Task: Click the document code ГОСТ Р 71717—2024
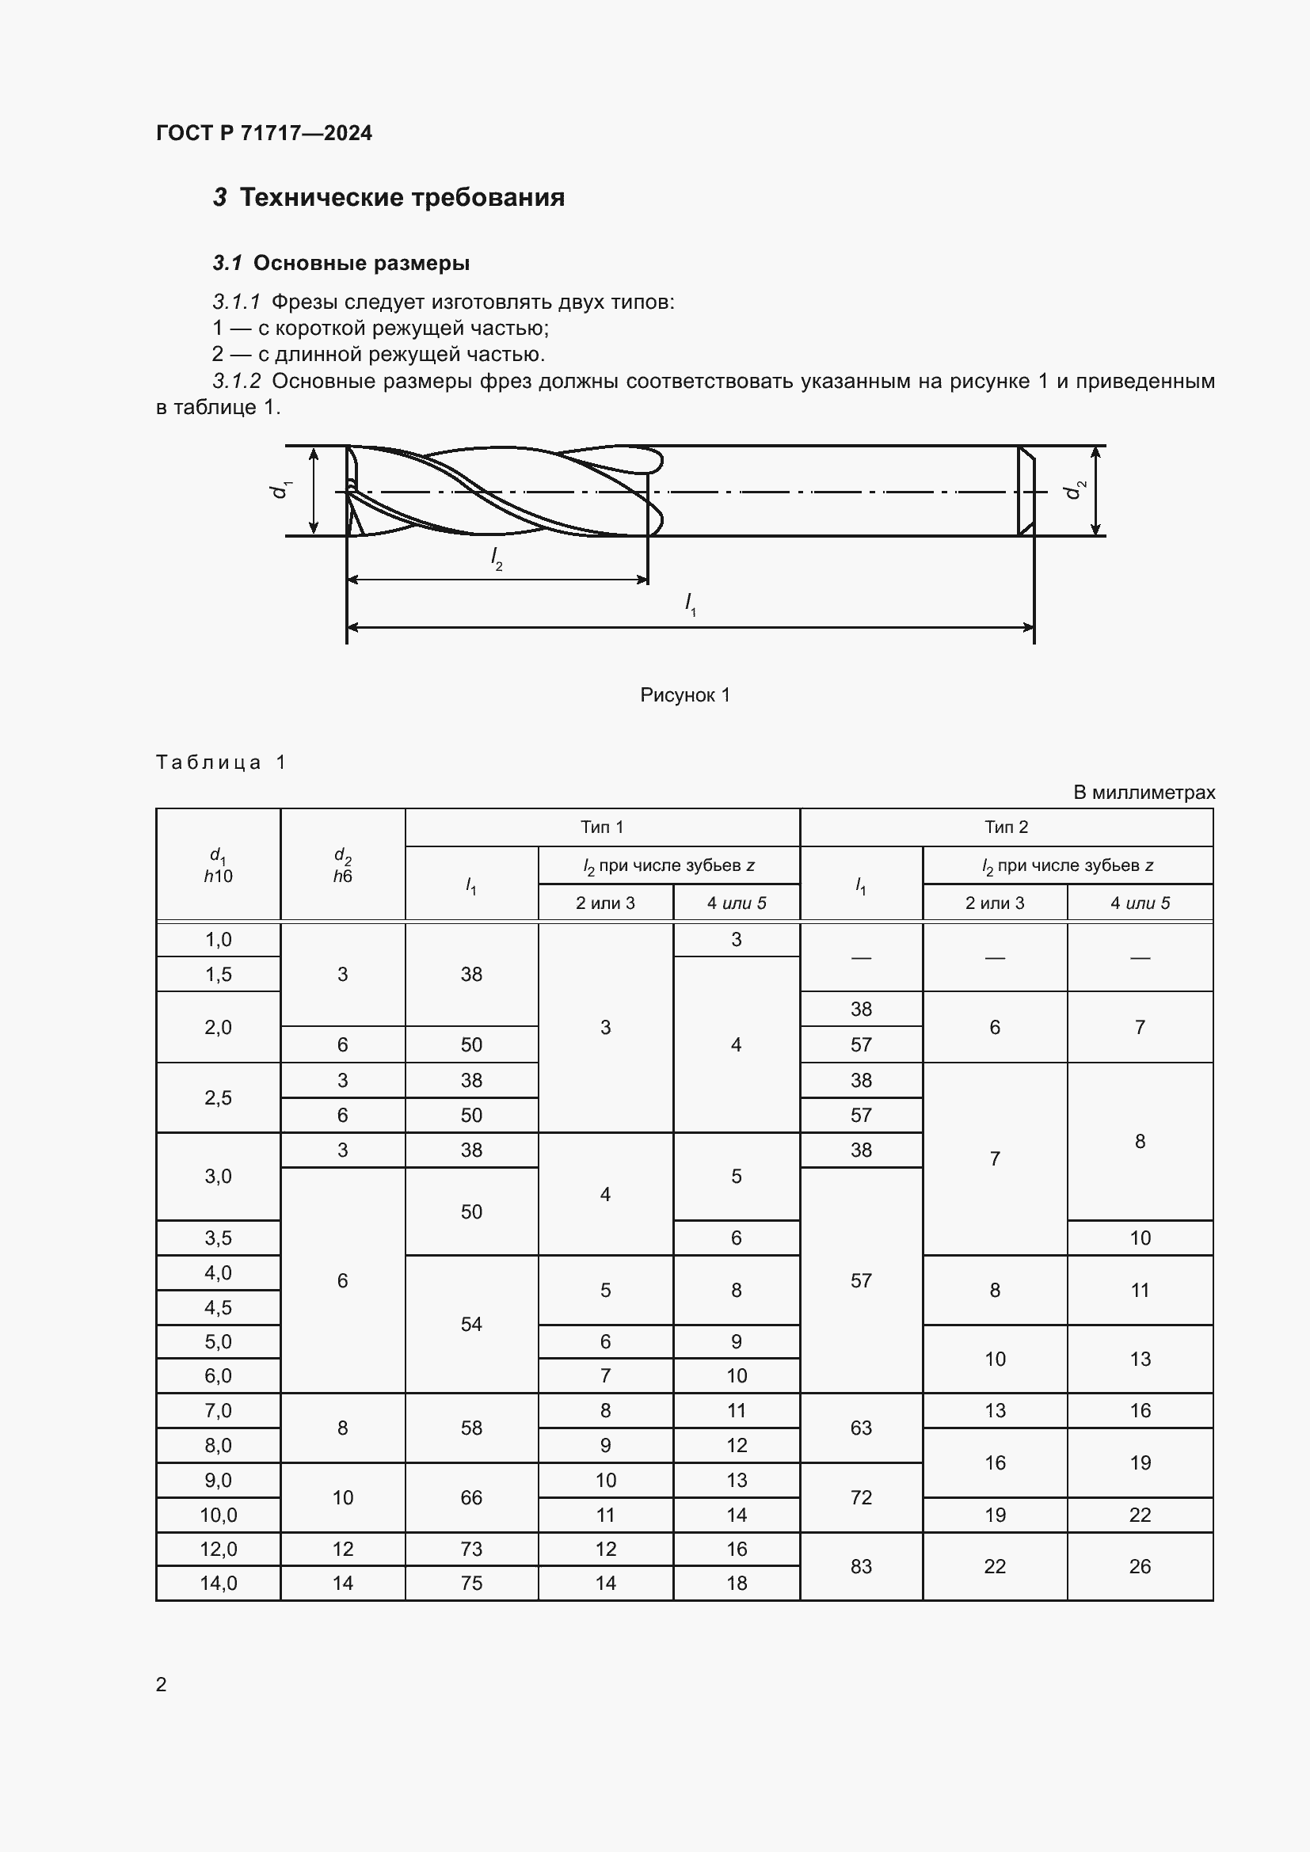tap(264, 133)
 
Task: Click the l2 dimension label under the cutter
tap(497, 558)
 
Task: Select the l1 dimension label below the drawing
tap(691, 604)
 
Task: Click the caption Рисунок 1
tap(685, 694)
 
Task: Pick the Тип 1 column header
tap(602, 827)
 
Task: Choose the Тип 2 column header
tap(1006, 827)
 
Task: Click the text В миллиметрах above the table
tap(1143, 792)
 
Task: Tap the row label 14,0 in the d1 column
tap(218, 1583)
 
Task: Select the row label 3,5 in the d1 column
tap(218, 1238)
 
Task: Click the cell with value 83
tap(861, 1565)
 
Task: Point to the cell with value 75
tap(471, 1583)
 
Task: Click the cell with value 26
tap(1139, 1565)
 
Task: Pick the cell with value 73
tap(471, 1549)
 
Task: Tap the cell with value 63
tap(861, 1428)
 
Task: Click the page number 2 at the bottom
tap(162, 1684)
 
